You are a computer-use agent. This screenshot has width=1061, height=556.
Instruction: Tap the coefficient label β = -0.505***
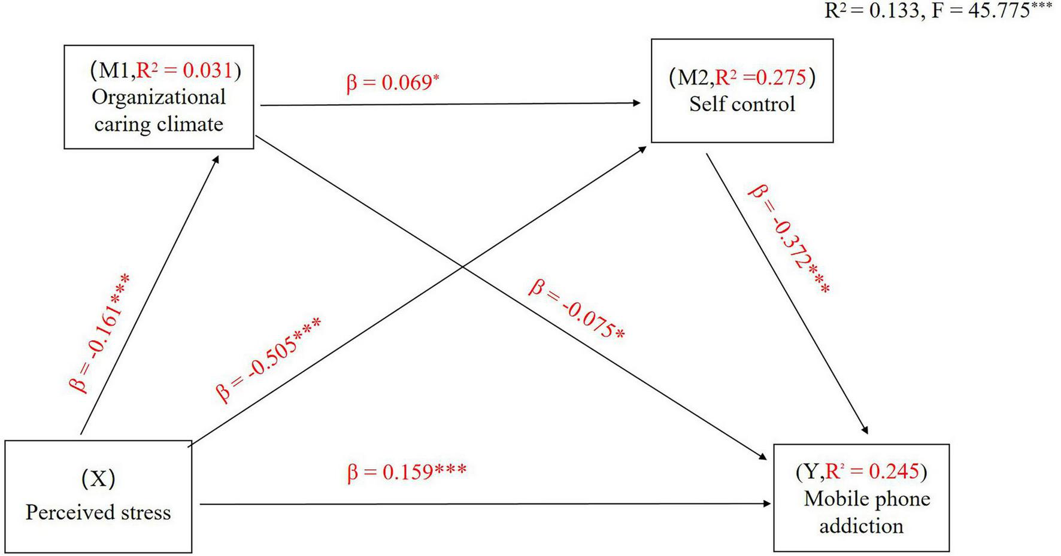coord(268,359)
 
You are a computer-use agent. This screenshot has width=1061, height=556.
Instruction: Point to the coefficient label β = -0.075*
coord(576,309)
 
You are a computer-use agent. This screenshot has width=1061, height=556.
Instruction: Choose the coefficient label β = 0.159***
coord(406,472)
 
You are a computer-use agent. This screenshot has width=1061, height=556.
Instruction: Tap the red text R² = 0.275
coord(761,78)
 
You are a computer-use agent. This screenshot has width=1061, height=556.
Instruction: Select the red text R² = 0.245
coord(872,472)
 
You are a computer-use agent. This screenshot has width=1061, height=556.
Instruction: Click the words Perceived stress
coord(98,512)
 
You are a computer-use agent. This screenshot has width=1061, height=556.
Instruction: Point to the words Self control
coord(742,104)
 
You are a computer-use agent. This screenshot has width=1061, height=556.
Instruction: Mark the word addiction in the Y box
coord(861,526)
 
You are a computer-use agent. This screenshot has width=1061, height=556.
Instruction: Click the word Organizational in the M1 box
coord(159,97)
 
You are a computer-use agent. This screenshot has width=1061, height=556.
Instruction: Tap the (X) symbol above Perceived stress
coord(98,479)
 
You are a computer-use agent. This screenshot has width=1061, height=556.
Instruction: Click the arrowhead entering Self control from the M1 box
coord(637,103)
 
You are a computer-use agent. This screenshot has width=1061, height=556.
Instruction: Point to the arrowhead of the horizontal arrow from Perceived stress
coord(767,504)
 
